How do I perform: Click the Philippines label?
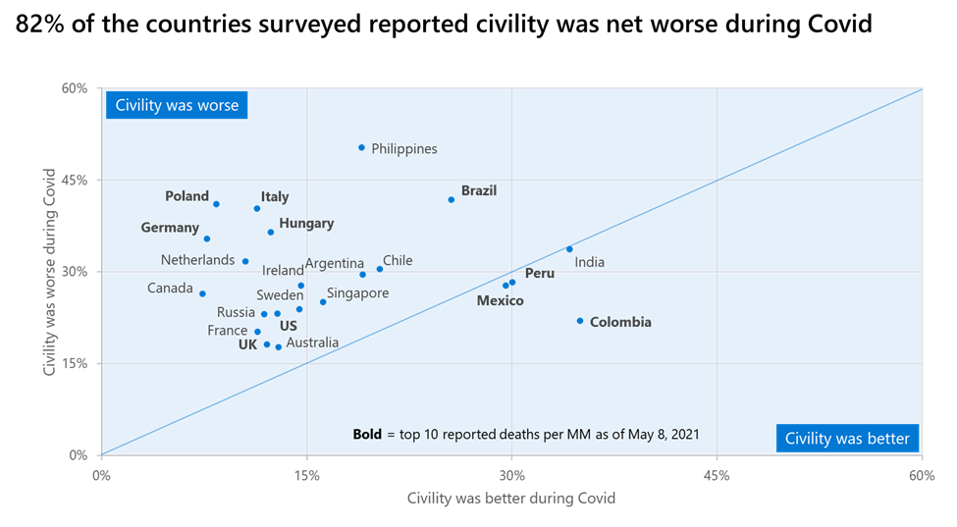click(404, 149)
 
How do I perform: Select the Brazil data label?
click(479, 190)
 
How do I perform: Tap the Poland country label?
click(187, 196)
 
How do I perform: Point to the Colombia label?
click(620, 322)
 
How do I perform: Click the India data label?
click(589, 262)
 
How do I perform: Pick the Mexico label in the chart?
click(500, 300)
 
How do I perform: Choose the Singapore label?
click(357, 293)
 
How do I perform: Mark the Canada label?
click(170, 289)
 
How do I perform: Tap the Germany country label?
click(170, 228)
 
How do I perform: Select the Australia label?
click(312, 343)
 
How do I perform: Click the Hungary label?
click(306, 224)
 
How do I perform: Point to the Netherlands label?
click(197, 260)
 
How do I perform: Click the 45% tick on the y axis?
click(75, 180)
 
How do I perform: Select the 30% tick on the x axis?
click(511, 476)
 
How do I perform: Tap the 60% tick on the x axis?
click(921, 476)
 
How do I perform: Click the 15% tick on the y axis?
click(75, 363)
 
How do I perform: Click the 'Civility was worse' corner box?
click(177, 105)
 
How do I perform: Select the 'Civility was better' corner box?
click(847, 439)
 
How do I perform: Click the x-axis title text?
click(511, 499)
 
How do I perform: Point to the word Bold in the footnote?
click(367, 434)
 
